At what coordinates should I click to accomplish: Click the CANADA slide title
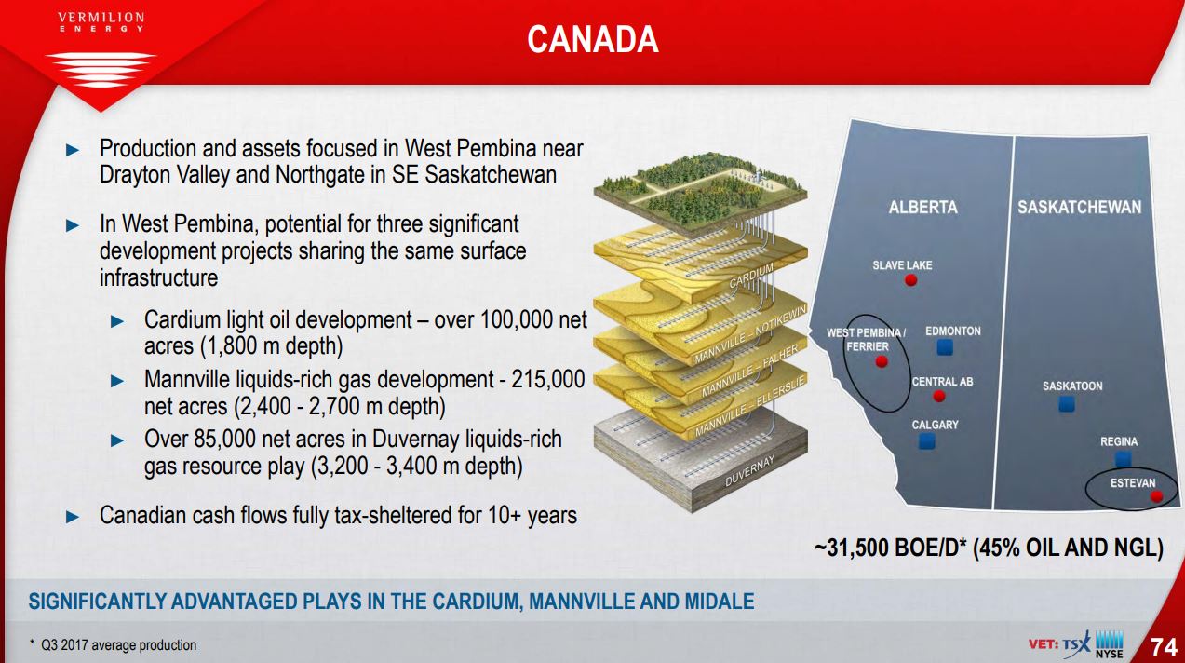coord(592,39)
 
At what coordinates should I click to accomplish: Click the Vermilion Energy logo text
coord(101,21)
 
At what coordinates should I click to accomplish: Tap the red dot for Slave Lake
coord(910,279)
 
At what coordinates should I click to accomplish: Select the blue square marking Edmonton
coord(945,347)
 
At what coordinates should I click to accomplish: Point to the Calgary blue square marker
coord(927,440)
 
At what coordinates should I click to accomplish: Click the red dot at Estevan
coord(1156,495)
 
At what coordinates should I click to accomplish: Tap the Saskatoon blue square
coord(1067,404)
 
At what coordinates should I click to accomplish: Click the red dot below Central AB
coord(939,396)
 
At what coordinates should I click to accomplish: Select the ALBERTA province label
coord(923,207)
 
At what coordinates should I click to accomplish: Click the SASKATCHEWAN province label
coord(1079,207)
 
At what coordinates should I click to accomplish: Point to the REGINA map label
coord(1119,441)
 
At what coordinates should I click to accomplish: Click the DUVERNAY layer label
coord(749,470)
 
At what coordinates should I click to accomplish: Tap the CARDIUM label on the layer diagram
coord(751,275)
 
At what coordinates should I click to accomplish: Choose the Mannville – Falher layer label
coord(749,371)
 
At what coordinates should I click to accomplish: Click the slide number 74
coord(1164,647)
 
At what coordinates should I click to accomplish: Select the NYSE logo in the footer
coord(1110,644)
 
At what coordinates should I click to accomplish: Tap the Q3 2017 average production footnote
coord(114,645)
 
